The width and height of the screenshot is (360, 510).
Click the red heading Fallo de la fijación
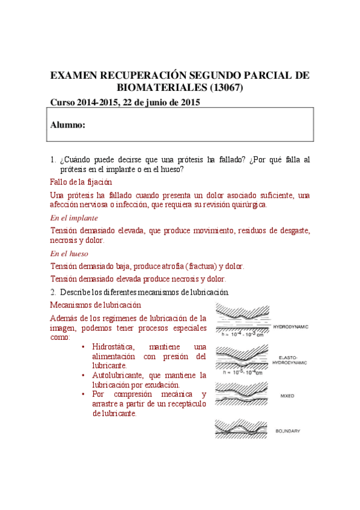pyautogui.click(x=81, y=182)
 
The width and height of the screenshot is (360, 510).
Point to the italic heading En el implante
pyautogui.click(x=74, y=218)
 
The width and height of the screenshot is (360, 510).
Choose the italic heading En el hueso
pyautogui.click(x=69, y=254)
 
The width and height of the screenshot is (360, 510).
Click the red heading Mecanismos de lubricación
pyautogui.click(x=95, y=305)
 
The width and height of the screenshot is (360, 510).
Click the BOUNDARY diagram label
pyautogui.click(x=288, y=431)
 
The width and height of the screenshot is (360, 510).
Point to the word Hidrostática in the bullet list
pyautogui.click(x=115, y=347)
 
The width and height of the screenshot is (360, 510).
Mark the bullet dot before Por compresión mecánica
pyautogui.click(x=82, y=395)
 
